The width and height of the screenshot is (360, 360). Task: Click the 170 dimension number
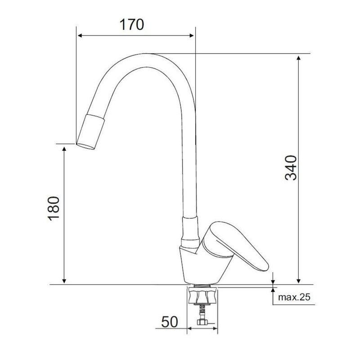[132, 25]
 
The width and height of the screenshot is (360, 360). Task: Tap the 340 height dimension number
[291, 168]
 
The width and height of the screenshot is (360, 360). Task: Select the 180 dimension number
[54, 208]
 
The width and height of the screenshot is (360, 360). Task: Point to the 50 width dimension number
[170, 322]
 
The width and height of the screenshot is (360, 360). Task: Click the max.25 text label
[294, 297]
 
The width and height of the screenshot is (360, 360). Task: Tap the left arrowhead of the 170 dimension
[80, 36]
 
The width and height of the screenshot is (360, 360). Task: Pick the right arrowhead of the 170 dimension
[191, 36]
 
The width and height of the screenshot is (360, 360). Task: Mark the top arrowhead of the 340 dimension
[298, 58]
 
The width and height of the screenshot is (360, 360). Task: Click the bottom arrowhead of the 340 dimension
[298, 280]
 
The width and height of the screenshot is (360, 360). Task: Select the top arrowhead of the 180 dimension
[64, 149]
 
